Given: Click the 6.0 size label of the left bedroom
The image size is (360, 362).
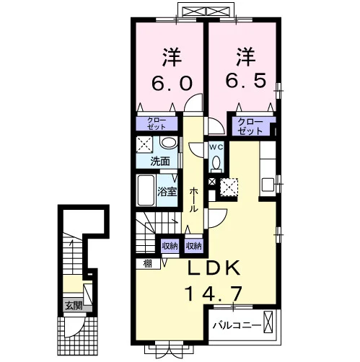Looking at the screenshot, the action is (172, 83).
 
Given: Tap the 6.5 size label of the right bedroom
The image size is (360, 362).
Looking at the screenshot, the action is (246, 81).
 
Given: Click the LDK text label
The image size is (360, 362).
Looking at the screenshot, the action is (214, 268).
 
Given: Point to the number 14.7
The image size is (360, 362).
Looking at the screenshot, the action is (214, 294).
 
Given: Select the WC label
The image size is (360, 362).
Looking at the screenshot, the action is (216, 147).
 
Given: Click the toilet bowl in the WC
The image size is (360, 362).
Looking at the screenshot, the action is (216, 162).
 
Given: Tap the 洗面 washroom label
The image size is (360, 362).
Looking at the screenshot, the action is (160, 162).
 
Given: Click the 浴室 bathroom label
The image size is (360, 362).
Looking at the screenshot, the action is (167, 192).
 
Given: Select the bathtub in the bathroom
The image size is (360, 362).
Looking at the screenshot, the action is (146, 190).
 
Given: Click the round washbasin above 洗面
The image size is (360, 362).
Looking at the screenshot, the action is (169, 143).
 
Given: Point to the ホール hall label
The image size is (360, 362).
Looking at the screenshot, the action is (193, 200).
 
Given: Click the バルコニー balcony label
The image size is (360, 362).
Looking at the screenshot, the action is (237, 325).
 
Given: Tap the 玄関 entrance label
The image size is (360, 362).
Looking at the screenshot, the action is (74, 306).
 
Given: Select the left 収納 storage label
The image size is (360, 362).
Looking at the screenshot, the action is (170, 246).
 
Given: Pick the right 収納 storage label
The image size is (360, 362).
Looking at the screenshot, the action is (193, 246).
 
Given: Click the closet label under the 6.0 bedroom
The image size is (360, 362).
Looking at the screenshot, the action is (157, 123).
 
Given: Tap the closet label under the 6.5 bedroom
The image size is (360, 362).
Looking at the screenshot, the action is (250, 126).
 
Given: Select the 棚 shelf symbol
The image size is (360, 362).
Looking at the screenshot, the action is (148, 264).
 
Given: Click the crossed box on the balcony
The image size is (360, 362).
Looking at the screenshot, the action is (268, 322).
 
